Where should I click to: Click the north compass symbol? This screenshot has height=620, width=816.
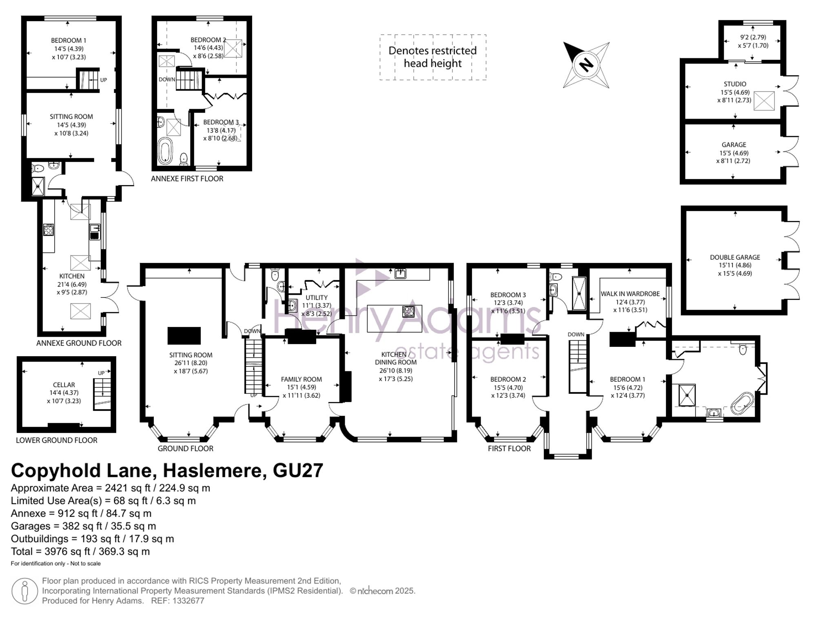(586, 65)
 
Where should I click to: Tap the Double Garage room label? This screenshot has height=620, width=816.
(735, 257)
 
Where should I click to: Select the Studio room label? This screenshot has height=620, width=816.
(735, 84)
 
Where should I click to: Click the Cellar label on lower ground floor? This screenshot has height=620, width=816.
(64, 385)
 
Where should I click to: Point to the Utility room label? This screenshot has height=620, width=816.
(317, 298)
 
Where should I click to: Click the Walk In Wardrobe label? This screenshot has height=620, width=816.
(630, 293)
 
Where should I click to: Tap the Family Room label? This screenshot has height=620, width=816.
(302, 379)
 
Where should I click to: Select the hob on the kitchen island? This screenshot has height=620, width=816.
(408, 312)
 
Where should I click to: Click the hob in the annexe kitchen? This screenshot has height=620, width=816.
(49, 230)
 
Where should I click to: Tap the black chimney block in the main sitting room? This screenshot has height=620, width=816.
(184, 336)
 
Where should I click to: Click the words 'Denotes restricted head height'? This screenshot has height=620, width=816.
(432, 57)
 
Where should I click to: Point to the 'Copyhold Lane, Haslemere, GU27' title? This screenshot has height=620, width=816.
(167, 470)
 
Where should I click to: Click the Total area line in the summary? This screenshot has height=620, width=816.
(80, 552)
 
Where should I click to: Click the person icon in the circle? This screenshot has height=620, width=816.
(24, 591)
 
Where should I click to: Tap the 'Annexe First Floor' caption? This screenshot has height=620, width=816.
(187, 179)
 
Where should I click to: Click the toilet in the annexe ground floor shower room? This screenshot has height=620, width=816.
(38, 168)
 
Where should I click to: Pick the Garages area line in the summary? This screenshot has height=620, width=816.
(83, 526)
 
